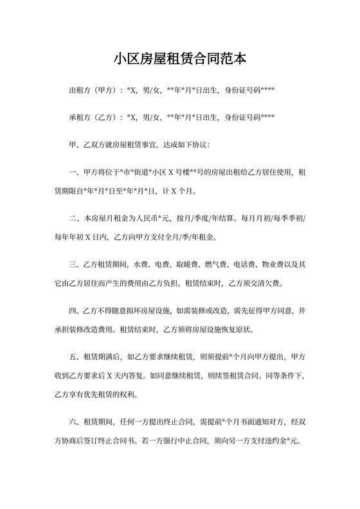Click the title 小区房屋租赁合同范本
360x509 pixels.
point(179,60)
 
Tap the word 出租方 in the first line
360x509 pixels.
point(79,89)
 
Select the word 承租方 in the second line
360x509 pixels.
point(79,118)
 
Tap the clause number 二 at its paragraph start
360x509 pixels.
point(71,219)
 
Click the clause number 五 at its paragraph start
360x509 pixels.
point(71,356)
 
